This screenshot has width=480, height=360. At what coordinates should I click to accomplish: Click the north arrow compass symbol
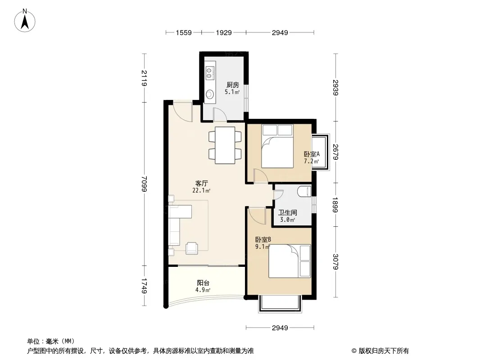(25, 20)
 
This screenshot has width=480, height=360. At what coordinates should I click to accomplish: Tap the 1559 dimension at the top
(184, 32)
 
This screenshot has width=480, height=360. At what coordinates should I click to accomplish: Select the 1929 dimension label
(224, 32)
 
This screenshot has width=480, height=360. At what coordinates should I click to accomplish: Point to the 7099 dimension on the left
(144, 184)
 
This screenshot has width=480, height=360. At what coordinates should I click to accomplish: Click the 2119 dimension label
(144, 78)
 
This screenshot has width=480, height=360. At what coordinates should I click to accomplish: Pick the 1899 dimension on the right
(335, 205)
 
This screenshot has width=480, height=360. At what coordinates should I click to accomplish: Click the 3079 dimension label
(335, 262)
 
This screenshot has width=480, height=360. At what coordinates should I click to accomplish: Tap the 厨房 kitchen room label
(233, 85)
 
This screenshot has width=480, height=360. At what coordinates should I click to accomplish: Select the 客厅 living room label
(201, 183)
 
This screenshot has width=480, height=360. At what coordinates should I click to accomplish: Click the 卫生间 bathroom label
(287, 212)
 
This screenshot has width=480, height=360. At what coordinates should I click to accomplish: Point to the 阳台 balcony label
(203, 283)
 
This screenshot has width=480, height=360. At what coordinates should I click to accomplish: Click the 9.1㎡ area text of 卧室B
(263, 247)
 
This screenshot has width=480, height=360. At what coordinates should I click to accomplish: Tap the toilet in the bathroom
(304, 191)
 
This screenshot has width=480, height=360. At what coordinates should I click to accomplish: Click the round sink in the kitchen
(210, 94)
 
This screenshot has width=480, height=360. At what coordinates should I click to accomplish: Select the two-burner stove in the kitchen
(209, 73)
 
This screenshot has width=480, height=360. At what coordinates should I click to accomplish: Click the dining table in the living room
(225, 145)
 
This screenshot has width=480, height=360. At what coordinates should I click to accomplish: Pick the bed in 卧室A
(278, 146)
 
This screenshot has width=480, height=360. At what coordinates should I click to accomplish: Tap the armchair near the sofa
(192, 248)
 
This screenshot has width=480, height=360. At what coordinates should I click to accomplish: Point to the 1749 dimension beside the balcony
(144, 286)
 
